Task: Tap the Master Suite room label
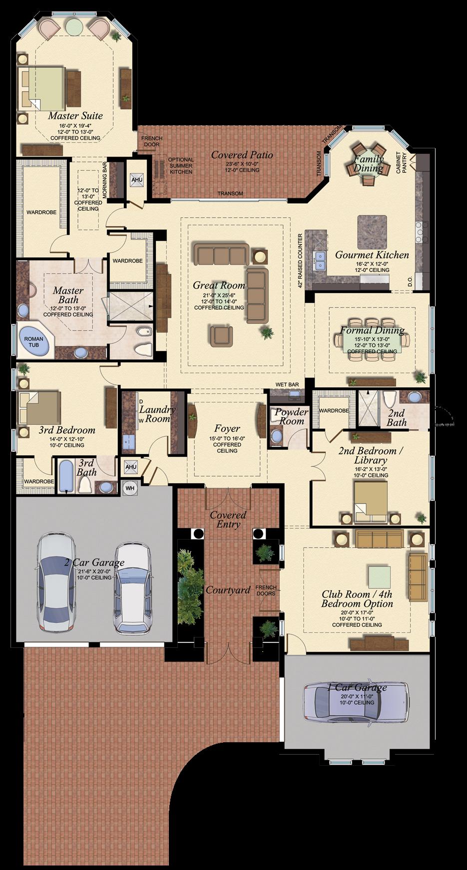(x=75, y=116)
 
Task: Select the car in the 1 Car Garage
(x=356, y=702)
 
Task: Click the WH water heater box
(x=130, y=488)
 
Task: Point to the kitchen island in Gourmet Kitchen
(x=372, y=232)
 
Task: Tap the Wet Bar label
(x=287, y=384)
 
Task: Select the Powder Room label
(x=291, y=416)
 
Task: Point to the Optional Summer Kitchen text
(x=180, y=166)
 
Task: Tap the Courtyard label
(x=228, y=590)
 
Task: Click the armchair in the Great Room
(x=221, y=335)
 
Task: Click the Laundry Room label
(x=157, y=414)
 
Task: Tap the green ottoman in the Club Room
(x=380, y=576)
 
